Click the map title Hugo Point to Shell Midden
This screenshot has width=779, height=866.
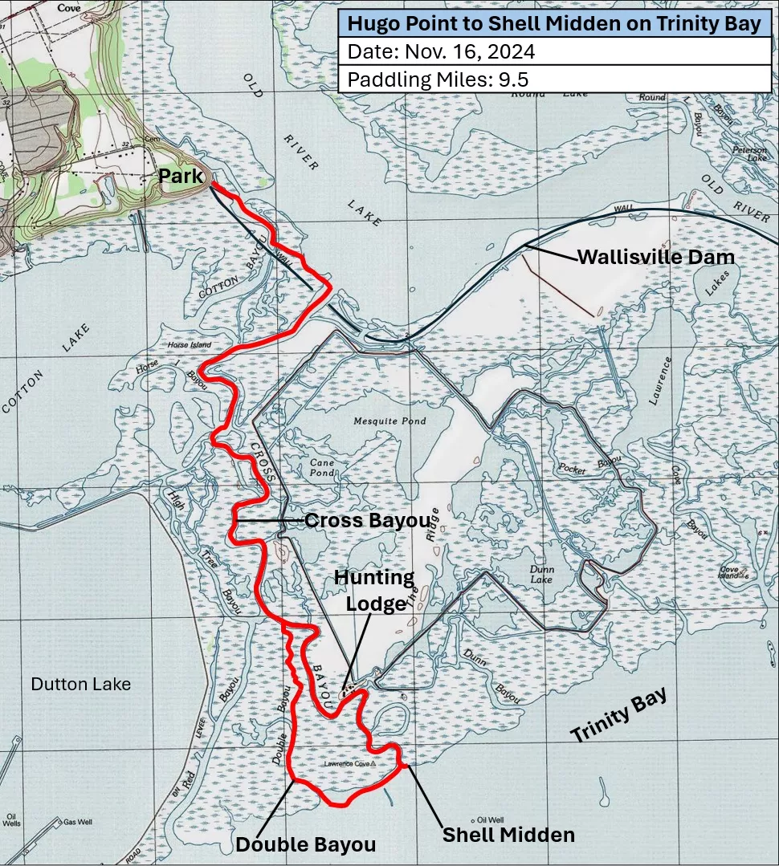click(553, 24)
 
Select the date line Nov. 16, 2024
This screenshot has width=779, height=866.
click(441, 52)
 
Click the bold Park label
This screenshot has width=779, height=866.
click(181, 175)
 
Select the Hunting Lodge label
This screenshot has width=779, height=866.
click(374, 590)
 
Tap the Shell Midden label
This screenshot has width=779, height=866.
click(509, 835)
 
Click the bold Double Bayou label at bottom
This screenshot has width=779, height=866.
click(305, 844)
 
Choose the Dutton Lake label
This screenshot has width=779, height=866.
click(80, 685)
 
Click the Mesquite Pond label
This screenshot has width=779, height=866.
click(389, 421)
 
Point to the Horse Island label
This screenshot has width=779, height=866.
click(189, 345)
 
